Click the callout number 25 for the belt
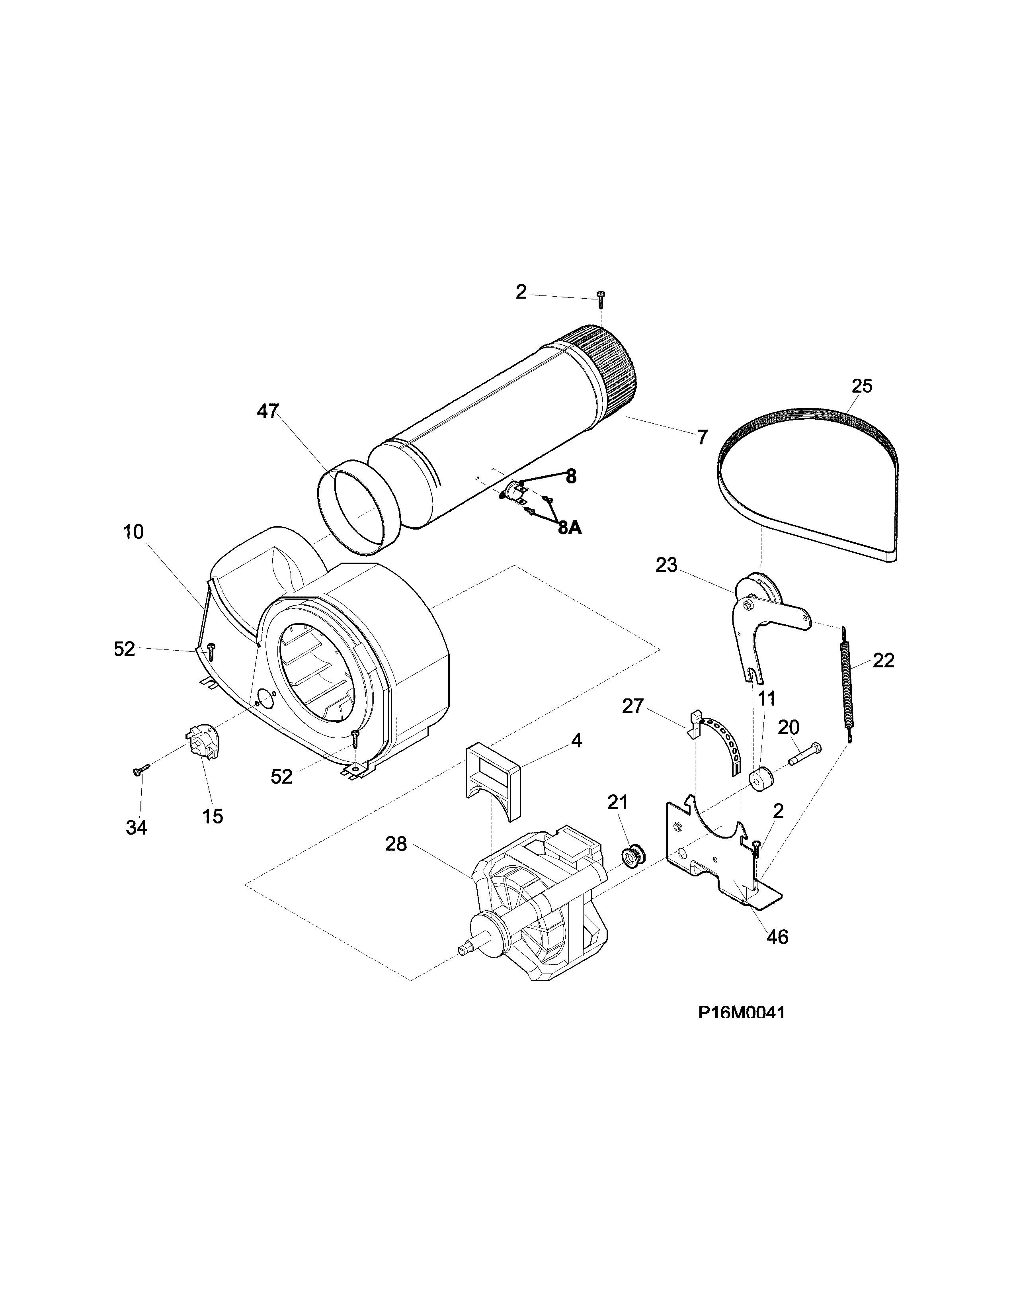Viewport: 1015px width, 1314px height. point(862,386)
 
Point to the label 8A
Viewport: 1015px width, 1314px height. point(570,528)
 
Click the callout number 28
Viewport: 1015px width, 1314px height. point(396,844)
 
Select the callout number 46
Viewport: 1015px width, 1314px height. point(777,937)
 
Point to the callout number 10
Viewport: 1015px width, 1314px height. point(133,532)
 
